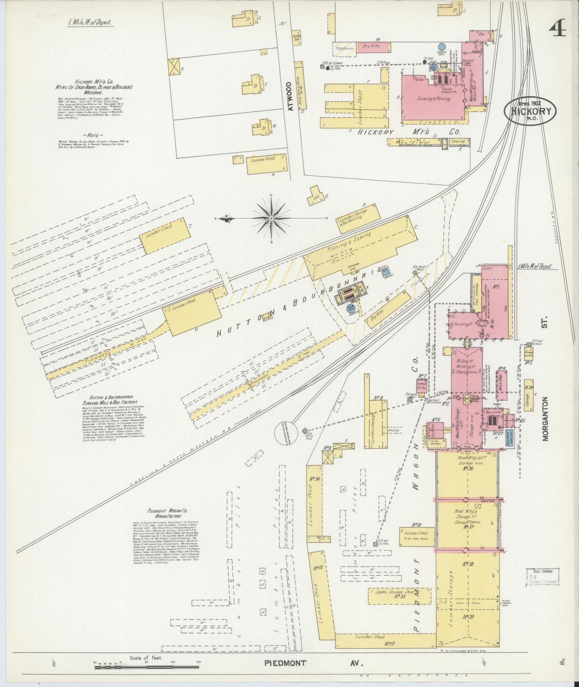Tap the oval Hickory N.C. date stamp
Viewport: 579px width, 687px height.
(x=529, y=111)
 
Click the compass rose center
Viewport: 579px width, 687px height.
(x=271, y=218)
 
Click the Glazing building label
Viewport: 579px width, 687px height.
(x=458, y=142)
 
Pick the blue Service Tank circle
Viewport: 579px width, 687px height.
(x=442, y=47)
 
